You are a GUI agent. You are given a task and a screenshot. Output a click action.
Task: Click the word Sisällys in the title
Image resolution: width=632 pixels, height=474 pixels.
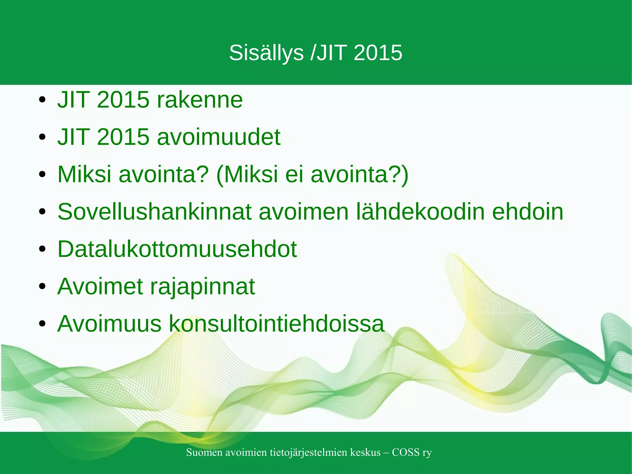coord(266,53)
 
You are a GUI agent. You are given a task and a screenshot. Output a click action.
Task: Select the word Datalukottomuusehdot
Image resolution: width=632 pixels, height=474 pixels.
coord(177,249)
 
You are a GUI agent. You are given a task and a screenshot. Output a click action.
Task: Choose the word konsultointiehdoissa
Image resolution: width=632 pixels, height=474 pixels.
coord(276,324)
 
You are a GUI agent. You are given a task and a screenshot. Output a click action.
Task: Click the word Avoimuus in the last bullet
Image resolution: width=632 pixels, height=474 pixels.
coord(109,324)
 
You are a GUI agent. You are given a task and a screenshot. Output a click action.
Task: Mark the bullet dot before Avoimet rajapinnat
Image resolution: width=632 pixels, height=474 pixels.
coord(43,286)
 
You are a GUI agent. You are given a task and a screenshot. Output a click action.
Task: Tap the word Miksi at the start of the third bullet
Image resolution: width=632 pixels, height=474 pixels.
coord(84,174)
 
